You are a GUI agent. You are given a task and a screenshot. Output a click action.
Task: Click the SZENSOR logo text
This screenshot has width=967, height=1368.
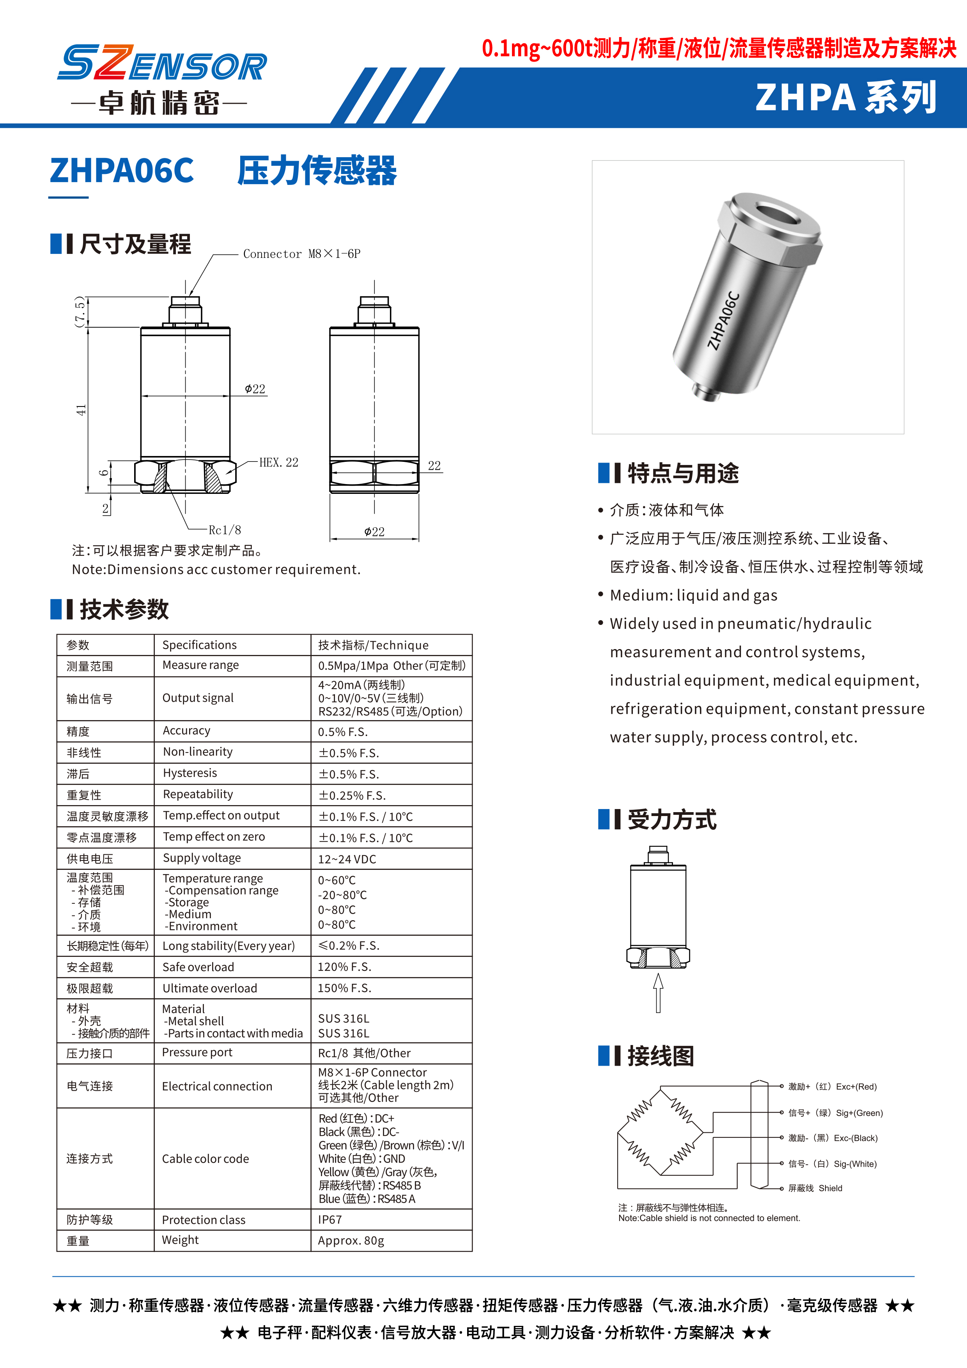click(162, 63)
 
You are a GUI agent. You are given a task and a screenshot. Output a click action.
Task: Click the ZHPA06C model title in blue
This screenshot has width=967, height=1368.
click(122, 170)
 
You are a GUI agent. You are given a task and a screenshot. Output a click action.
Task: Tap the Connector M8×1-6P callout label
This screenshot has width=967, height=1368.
click(301, 254)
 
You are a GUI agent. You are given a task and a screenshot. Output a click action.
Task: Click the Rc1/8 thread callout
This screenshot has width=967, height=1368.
click(225, 530)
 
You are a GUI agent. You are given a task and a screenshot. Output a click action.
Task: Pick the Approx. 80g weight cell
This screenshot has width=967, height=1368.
click(351, 1240)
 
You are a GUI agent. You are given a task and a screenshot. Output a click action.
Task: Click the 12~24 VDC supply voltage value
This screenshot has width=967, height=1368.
click(347, 859)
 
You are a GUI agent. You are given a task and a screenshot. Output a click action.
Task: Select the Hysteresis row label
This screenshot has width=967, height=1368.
click(190, 773)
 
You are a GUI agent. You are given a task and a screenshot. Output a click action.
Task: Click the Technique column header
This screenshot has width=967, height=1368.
click(373, 645)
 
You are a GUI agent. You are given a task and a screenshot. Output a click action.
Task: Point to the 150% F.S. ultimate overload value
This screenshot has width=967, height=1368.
click(344, 988)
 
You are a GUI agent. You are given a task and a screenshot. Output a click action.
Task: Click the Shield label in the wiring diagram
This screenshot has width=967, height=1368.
click(830, 1188)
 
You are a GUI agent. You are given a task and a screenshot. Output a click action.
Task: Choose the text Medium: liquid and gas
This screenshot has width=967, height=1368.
click(693, 595)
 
